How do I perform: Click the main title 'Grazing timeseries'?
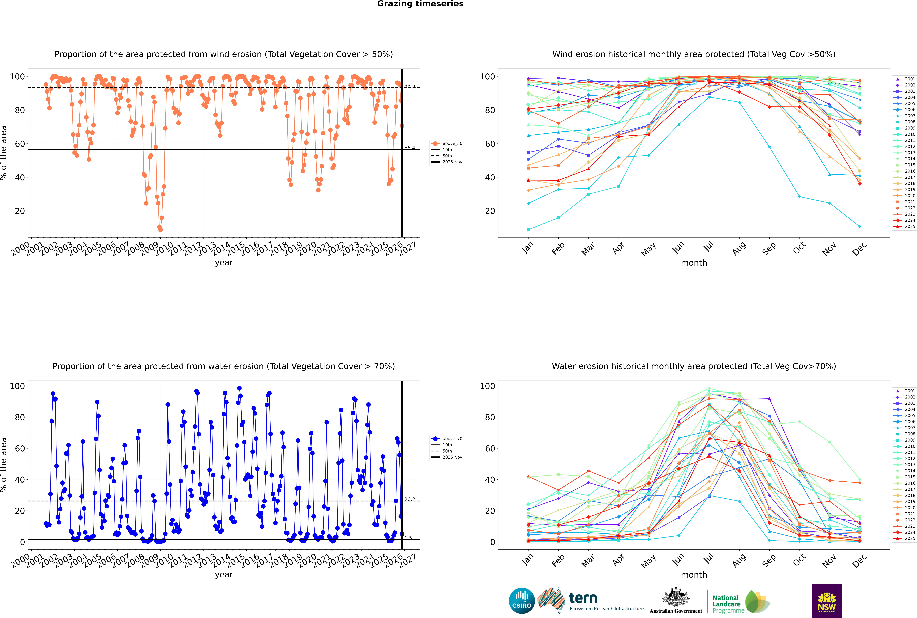pyautogui.click(x=420, y=4)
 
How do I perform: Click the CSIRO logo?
pyautogui.click(x=522, y=601)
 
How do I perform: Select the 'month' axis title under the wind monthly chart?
pyautogui.click(x=694, y=263)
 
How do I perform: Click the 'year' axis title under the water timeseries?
pyautogui.click(x=224, y=575)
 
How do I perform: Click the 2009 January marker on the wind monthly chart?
pyautogui.click(x=528, y=229)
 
